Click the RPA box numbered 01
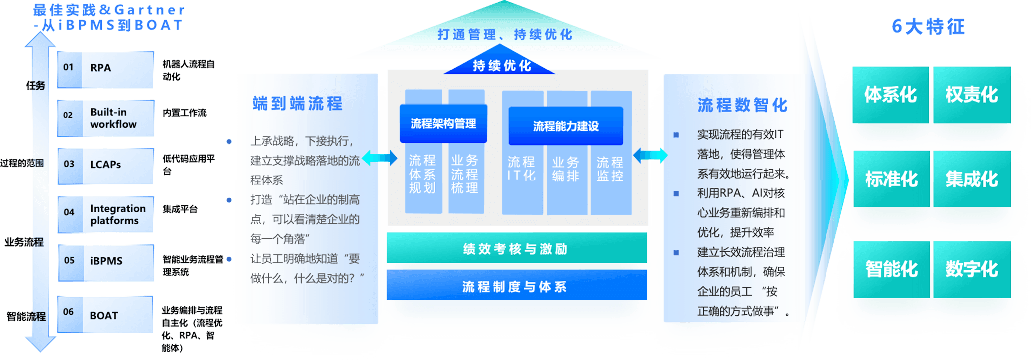click(x=105, y=69)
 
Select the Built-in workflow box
click(x=105, y=118)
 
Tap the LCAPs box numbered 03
click(x=105, y=165)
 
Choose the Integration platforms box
click(x=105, y=214)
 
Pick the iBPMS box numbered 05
click(x=105, y=261)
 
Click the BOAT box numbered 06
click(x=105, y=314)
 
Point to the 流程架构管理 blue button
click(x=443, y=124)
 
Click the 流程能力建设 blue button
click(x=566, y=126)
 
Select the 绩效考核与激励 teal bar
click(x=517, y=248)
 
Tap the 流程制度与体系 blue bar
click(x=517, y=286)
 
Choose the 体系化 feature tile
click(x=891, y=95)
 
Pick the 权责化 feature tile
click(x=972, y=95)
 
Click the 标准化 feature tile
click(x=891, y=179)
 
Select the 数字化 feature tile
click(x=972, y=269)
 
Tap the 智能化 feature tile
click(x=891, y=269)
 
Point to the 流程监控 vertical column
click(x=611, y=170)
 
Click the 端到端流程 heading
click(x=297, y=103)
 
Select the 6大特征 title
click(x=928, y=26)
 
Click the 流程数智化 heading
click(x=742, y=105)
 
